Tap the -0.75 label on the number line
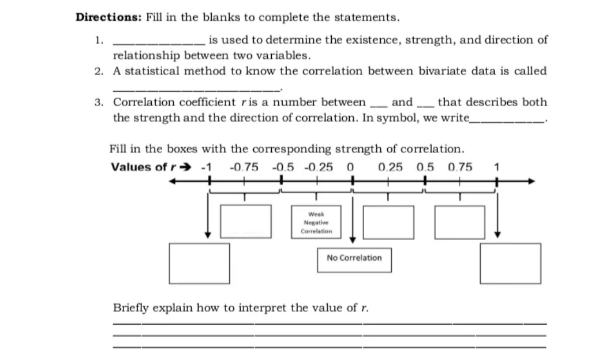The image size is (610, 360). click(244, 167)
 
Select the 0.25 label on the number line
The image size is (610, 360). click(391, 167)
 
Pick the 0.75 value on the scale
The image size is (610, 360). click(460, 167)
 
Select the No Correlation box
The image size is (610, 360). click(354, 258)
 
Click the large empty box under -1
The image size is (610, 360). click(199, 263)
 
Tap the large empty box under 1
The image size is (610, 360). click(511, 263)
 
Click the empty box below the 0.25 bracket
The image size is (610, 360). click(388, 222)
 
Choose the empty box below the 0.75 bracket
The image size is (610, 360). click(460, 222)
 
